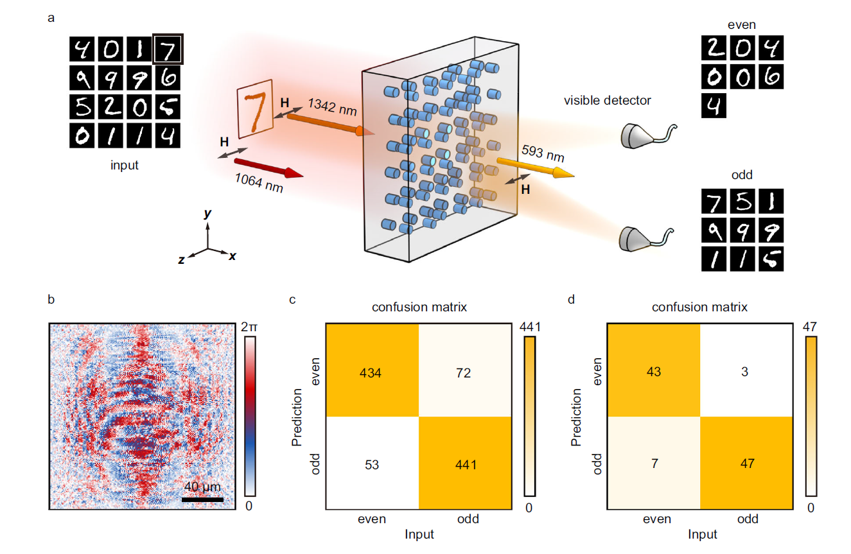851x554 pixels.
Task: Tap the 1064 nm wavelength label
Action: pos(258,184)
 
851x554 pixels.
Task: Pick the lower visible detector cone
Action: pos(636,238)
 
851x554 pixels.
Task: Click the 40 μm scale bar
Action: pos(202,499)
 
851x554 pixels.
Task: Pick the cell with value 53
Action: pos(373,463)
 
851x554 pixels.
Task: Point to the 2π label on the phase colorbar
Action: pos(251,327)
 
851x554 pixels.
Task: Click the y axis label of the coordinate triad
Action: pos(207,214)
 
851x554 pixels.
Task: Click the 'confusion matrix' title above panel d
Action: pos(699,307)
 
